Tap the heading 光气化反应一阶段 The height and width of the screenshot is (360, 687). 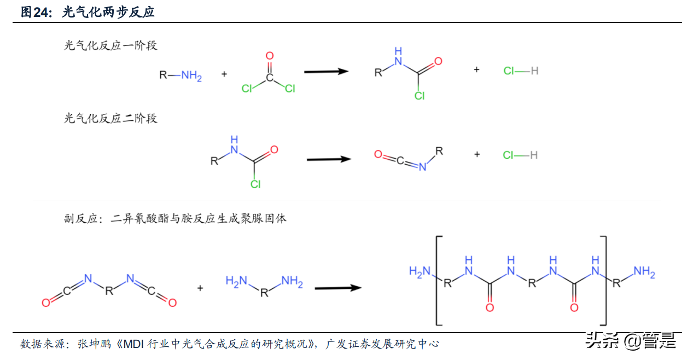pos(110,46)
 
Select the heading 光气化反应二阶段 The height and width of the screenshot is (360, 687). pos(110,118)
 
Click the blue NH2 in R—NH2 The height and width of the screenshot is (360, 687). pos(191,76)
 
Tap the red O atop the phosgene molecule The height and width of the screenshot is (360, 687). pos(270,55)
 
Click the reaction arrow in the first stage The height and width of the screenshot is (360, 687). pos(326,72)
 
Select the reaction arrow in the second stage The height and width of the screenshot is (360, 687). pos(329,159)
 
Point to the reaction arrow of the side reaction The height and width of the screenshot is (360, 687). pos(338,288)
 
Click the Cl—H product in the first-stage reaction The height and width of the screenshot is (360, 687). pos(521,71)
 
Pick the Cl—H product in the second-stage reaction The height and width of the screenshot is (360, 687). pos(520,155)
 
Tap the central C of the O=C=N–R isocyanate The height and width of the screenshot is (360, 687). pos(400,160)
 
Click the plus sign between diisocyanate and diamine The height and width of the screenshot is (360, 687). pos(200,288)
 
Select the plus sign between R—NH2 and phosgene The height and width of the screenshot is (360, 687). pos(224,74)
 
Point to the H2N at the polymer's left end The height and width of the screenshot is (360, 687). pos(420,272)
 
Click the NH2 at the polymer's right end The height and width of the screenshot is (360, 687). pos(644,272)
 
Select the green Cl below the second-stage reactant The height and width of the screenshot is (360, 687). pos(255,184)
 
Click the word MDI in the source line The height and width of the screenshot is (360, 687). pos(133,344)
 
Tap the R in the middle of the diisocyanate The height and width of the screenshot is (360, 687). pos(109,291)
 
